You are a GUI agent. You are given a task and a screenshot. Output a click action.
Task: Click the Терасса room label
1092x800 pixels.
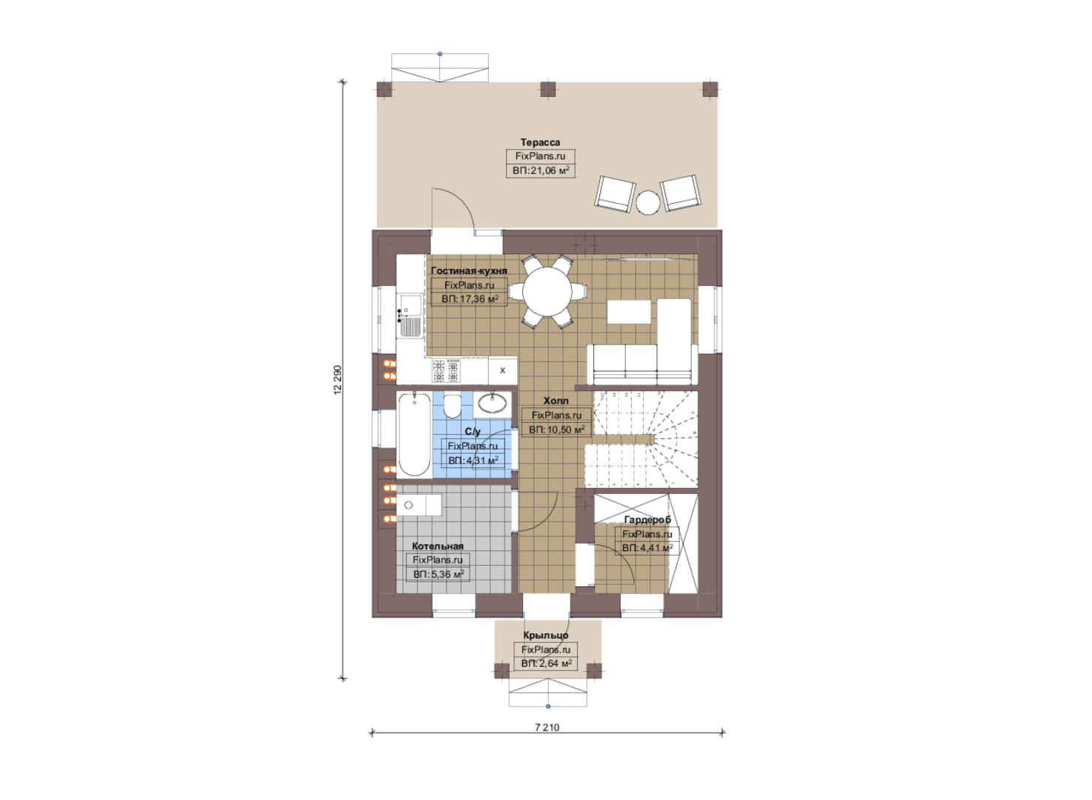pyautogui.click(x=540, y=142)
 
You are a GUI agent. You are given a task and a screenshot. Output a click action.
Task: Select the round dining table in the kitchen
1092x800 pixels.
pyautogui.click(x=547, y=292)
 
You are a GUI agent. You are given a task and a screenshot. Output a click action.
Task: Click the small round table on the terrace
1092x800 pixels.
pyautogui.click(x=648, y=201)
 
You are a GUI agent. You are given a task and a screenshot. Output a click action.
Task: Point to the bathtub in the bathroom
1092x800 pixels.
pyautogui.click(x=414, y=434)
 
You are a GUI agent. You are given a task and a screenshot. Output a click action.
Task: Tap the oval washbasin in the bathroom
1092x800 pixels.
pyautogui.click(x=493, y=404)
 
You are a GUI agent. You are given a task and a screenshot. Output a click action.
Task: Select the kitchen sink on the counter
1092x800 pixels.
pyautogui.click(x=410, y=315)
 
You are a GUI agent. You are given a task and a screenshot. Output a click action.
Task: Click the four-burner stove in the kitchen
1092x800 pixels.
pyautogui.click(x=446, y=370)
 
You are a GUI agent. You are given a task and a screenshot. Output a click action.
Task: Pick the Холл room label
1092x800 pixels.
pyautogui.click(x=556, y=401)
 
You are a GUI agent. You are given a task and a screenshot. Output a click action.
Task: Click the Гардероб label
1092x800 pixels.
pyautogui.click(x=647, y=520)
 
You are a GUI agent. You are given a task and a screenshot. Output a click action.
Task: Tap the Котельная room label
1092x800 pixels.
pyautogui.click(x=438, y=546)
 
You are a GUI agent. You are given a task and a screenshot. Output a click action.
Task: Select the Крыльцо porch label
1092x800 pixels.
pyautogui.click(x=546, y=636)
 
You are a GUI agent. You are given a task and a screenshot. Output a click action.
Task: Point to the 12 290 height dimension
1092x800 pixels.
pyautogui.click(x=338, y=379)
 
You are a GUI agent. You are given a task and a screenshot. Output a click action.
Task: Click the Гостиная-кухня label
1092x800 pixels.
pyautogui.click(x=469, y=270)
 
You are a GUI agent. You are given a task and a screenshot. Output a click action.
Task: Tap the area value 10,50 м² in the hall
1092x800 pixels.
pyautogui.click(x=556, y=430)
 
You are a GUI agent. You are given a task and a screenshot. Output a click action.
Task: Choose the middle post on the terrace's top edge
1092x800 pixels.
pyautogui.click(x=548, y=90)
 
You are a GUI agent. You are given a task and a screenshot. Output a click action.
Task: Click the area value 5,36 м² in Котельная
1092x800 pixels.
pyautogui.click(x=439, y=574)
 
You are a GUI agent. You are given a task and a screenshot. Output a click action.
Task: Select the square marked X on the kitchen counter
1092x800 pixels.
pyautogui.click(x=502, y=370)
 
